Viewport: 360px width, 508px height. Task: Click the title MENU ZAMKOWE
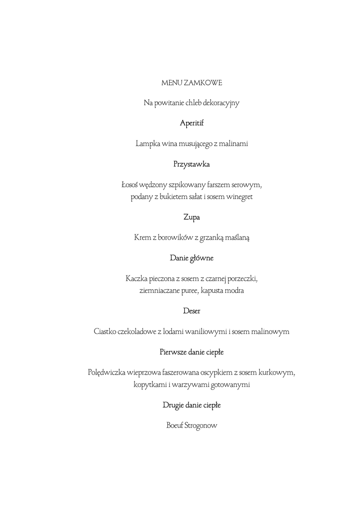192,82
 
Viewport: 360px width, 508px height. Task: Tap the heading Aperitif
192,123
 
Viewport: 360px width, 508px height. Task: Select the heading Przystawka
192,164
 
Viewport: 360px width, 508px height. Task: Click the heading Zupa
192,217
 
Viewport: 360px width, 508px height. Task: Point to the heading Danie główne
192,258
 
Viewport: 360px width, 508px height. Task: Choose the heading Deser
192,311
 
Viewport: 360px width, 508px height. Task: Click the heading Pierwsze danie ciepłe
192,352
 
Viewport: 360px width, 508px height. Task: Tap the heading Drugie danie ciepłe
192,405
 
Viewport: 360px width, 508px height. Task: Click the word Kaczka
138,279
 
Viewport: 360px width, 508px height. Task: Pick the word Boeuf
174,426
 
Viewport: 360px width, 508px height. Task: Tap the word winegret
238,197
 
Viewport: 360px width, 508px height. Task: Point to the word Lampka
147,144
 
